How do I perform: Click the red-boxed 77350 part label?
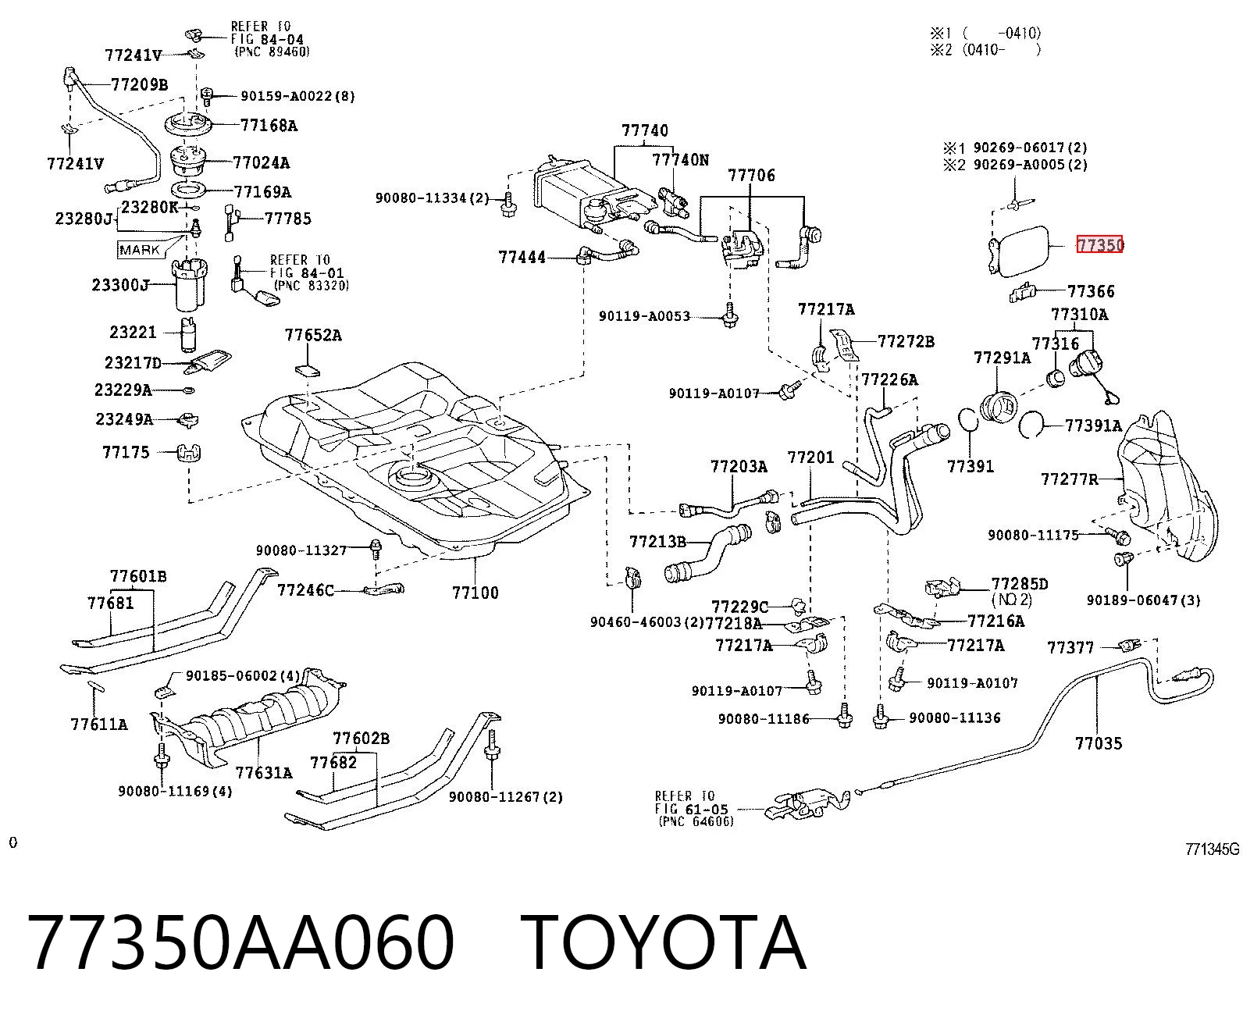(x=1099, y=244)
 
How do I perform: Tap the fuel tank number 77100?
(x=475, y=593)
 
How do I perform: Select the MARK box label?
(x=139, y=250)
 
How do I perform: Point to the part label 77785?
(x=288, y=219)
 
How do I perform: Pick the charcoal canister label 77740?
(x=645, y=130)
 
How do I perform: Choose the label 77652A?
(x=313, y=335)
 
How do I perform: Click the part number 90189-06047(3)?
(x=1144, y=600)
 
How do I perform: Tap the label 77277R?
(x=1069, y=479)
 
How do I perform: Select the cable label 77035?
(x=1099, y=743)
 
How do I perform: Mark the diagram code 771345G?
(x=1212, y=849)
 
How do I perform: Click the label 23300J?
(x=121, y=285)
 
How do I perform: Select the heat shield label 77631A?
(x=264, y=773)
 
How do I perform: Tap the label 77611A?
(x=99, y=724)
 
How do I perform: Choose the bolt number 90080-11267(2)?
(x=505, y=797)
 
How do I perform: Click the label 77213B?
(x=658, y=542)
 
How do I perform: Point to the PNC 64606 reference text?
(x=696, y=822)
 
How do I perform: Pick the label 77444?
(x=522, y=258)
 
